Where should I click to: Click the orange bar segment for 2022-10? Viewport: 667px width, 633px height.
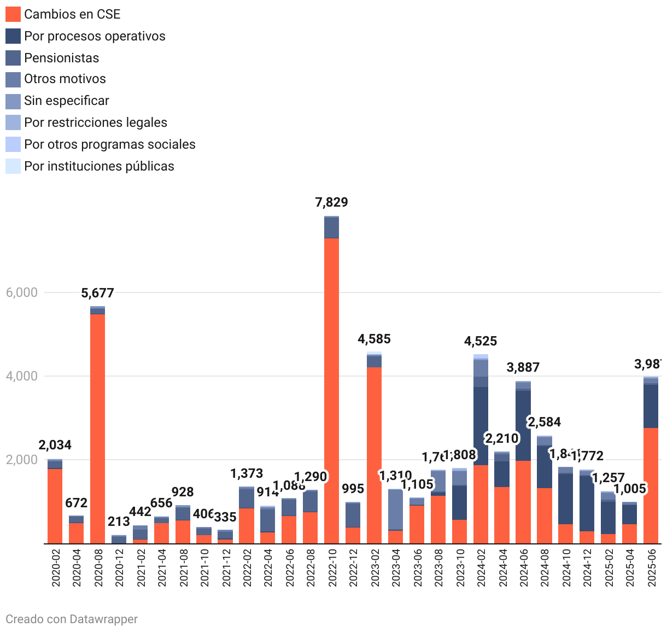(x=331, y=391)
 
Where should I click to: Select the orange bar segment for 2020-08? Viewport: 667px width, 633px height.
(x=97, y=429)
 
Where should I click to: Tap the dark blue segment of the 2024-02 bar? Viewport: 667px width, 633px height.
(x=481, y=426)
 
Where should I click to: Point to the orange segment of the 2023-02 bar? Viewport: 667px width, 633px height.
(x=374, y=455)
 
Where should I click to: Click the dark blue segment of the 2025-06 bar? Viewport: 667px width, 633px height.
(x=651, y=407)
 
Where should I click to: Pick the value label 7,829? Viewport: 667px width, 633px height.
(x=331, y=202)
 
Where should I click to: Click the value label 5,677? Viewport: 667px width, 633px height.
(x=97, y=293)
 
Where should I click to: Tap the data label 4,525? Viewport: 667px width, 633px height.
(x=481, y=341)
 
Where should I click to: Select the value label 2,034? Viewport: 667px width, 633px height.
(x=55, y=445)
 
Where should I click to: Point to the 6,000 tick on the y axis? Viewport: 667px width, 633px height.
(x=22, y=292)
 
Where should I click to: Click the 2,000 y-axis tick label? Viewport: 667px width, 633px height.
(x=22, y=460)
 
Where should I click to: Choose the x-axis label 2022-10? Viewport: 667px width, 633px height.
(x=332, y=568)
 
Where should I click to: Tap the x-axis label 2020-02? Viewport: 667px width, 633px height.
(x=55, y=568)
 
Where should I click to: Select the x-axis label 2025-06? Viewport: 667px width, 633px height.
(x=651, y=568)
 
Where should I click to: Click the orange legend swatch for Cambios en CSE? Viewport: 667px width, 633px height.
(x=13, y=14)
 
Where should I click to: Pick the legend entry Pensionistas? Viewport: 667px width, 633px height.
(x=61, y=58)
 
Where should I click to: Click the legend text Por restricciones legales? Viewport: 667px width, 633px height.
(x=96, y=122)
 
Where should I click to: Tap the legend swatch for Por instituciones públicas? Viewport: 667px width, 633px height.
(x=13, y=166)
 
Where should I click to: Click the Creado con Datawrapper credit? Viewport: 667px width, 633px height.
(x=72, y=619)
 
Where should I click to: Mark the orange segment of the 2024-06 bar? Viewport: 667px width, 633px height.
(x=523, y=502)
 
